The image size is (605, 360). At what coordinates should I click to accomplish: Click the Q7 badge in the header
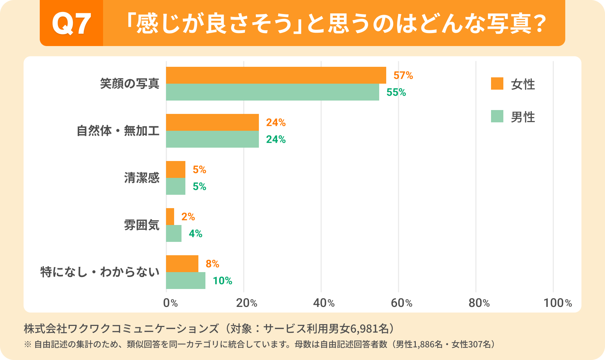71,24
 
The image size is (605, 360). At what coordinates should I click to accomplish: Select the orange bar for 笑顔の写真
276,75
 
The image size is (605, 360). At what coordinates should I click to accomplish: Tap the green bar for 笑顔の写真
272,92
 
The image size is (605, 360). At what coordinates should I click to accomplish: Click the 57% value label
403,75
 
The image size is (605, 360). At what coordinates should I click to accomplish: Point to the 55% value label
396,92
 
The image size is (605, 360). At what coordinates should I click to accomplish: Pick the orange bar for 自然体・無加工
212,122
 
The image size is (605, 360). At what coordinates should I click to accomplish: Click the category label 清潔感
141,178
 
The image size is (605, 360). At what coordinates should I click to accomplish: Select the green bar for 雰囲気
174,233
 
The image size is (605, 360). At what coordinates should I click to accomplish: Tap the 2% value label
188,217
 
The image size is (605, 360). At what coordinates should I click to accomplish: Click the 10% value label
222,281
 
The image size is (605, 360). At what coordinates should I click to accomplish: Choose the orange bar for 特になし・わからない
182,264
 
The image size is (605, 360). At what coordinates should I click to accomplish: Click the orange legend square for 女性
497,84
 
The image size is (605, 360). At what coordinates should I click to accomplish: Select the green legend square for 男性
497,116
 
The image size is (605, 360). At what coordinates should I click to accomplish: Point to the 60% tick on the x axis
401,303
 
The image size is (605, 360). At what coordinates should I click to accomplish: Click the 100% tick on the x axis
558,303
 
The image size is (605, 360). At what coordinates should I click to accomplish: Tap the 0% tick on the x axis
170,303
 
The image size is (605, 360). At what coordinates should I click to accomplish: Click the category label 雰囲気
141,225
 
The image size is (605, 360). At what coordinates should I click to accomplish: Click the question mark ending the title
539,24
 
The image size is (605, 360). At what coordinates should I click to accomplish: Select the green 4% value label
196,233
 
